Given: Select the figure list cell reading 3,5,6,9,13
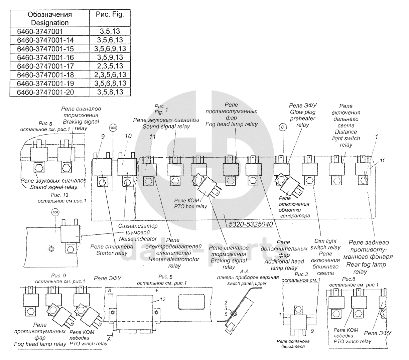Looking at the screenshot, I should tap(110, 48).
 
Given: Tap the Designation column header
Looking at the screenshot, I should tap(50, 19).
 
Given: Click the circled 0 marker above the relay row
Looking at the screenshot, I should tap(283, 127).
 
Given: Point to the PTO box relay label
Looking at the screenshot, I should tap(190, 203).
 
